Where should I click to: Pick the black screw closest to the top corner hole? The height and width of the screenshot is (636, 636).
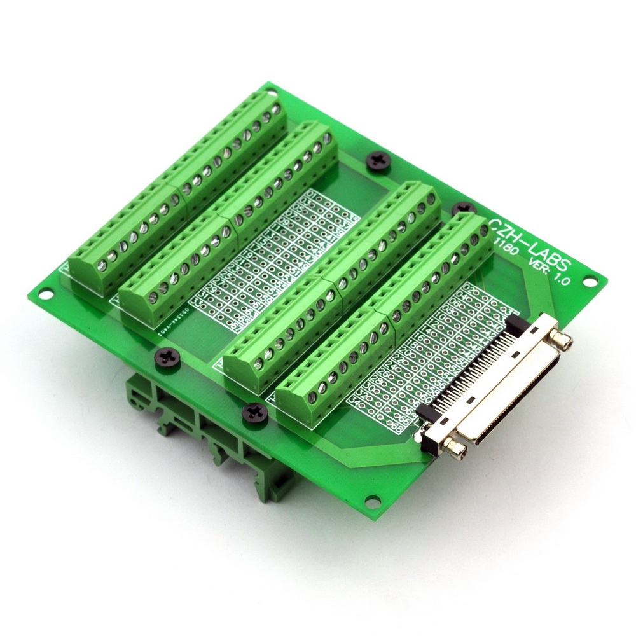tap(377, 159)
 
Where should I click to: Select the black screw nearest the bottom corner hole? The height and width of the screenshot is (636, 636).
tap(252, 413)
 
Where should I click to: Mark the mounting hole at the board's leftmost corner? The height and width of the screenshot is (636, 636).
tap(46, 294)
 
